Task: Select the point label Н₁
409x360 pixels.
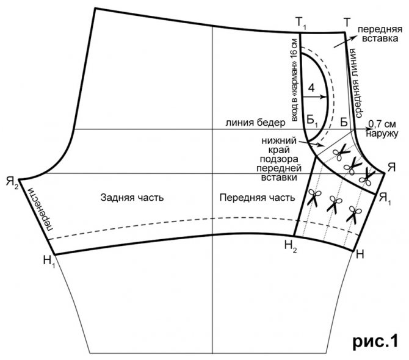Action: tap(49, 262)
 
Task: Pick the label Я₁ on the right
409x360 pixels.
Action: tap(384, 196)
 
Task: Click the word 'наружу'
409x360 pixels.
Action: tap(383, 132)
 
